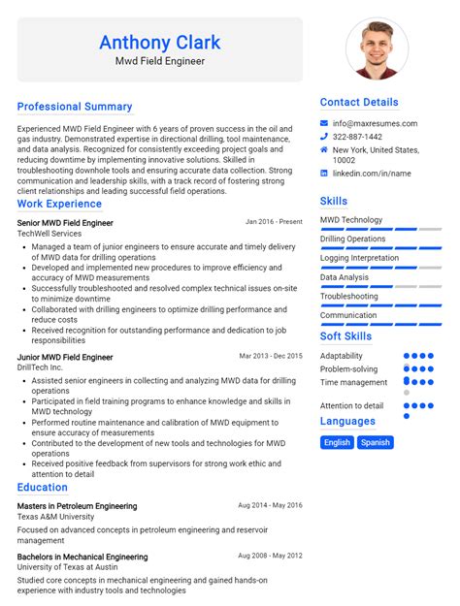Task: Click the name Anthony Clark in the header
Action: point(159,43)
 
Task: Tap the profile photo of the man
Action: point(377,48)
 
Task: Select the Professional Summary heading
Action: point(75,107)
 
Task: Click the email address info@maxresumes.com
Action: point(375,123)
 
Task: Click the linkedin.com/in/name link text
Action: point(372,174)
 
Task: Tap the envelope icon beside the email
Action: point(324,123)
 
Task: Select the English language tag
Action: point(337,442)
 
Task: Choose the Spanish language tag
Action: point(375,442)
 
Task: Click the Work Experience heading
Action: point(59,204)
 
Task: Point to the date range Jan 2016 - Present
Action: point(274,222)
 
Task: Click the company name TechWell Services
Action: point(49,234)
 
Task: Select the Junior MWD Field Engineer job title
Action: point(65,357)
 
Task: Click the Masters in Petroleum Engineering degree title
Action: point(77,506)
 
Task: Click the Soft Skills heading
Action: point(345,336)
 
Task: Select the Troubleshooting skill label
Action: point(349,297)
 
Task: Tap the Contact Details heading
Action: point(359,102)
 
